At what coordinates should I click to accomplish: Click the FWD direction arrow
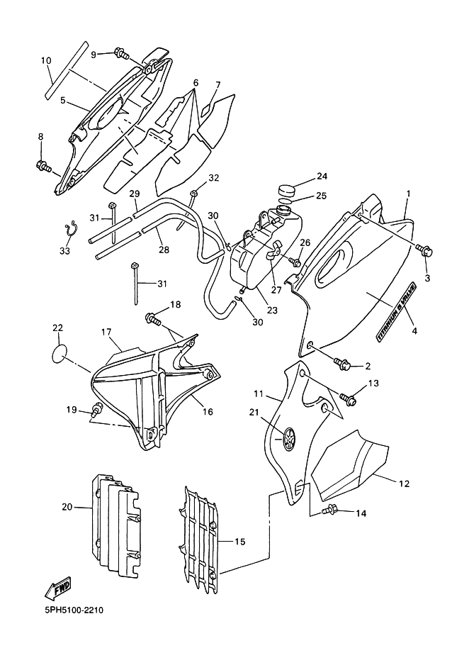57,588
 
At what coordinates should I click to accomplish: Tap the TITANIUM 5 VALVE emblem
396,312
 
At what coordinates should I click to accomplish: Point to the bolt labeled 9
123,54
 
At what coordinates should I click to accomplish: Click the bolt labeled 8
44,167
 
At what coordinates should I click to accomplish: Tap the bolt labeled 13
349,398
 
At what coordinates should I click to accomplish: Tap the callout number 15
239,542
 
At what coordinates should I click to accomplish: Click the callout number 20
67,507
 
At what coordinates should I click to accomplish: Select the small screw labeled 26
295,261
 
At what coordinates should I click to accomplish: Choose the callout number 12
405,483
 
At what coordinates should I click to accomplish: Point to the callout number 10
46,61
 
